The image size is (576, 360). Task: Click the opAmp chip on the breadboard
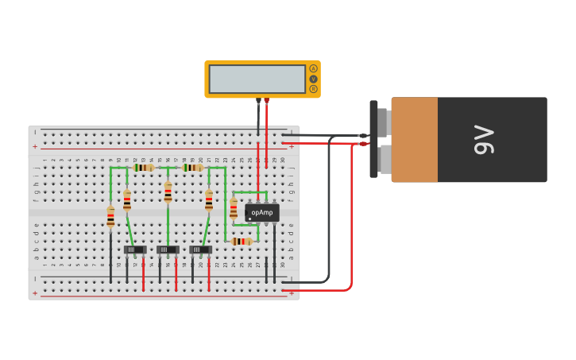tap(261, 212)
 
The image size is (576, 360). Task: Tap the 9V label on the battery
tap(484, 140)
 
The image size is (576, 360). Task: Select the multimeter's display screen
tap(257, 79)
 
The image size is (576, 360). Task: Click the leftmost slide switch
tap(135, 250)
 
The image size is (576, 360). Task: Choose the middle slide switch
tap(168, 250)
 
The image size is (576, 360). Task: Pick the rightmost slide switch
tap(200, 250)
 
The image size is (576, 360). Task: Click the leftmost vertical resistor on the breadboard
tap(110, 216)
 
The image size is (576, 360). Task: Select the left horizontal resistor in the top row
tap(144, 168)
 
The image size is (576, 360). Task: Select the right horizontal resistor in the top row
tap(192, 168)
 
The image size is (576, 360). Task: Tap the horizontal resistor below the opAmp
tap(242, 241)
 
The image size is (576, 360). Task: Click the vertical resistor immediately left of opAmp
tap(233, 208)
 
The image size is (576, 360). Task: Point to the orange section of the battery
tap(414, 140)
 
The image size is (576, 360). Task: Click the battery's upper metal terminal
tap(384, 122)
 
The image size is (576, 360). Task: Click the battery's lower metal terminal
tap(384, 159)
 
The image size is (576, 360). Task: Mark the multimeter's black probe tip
tap(258, 101)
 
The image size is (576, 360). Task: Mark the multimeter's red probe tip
tap(266, 101)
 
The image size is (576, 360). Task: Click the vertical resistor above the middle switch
tap(168, 192)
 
